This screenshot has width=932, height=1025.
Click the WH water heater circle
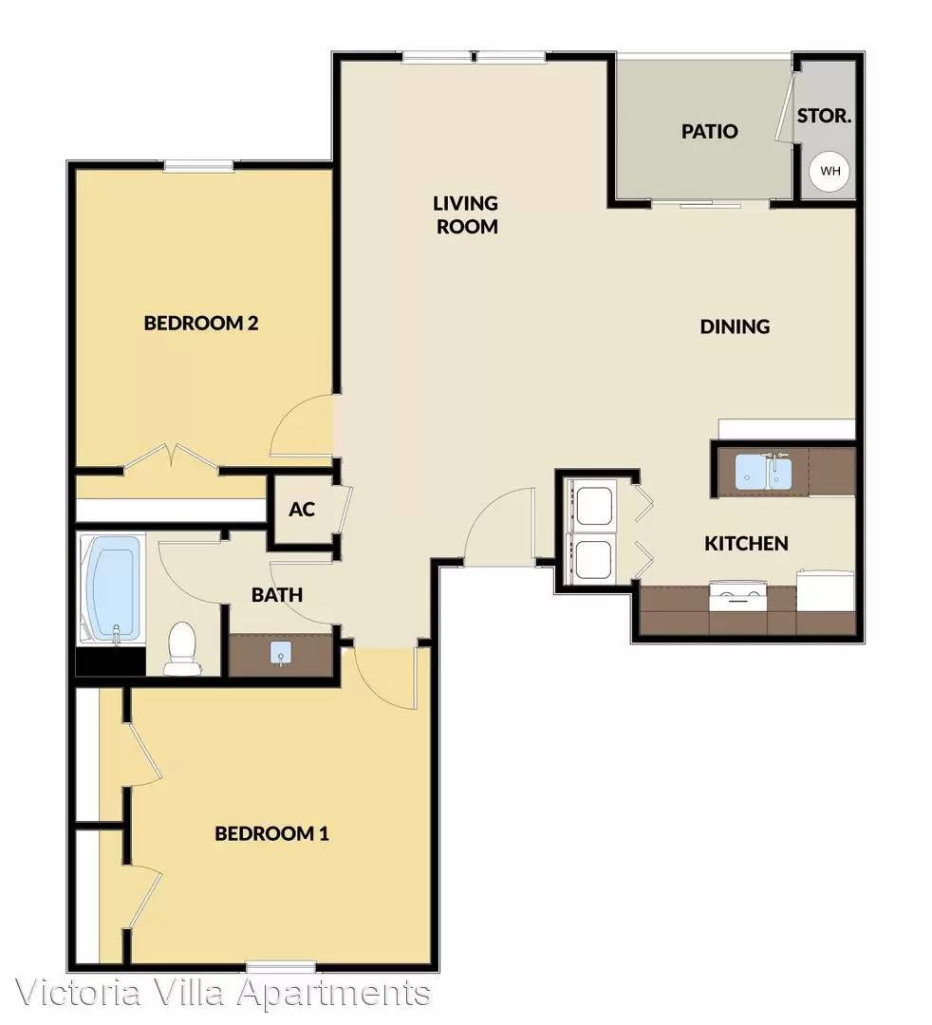click(829, 171)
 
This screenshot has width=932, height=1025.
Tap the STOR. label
click(824, 117)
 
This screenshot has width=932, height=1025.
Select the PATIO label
click(710, 131)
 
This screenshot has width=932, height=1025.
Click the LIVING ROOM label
click(467, 214)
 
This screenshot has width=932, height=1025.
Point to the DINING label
click(735, 326)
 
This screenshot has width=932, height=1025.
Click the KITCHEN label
click(746, 543)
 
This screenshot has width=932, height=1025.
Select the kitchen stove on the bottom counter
click(737, 595)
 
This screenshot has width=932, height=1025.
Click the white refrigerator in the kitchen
click(826, 590)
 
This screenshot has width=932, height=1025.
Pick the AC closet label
click(302, 510)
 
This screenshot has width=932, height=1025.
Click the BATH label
click(277, 595)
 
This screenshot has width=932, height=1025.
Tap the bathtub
click(112, 588)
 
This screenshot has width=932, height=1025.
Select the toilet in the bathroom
click(182, 648)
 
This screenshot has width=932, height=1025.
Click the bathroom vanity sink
click(282, 652)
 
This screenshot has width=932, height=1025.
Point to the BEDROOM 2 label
click(201, 323)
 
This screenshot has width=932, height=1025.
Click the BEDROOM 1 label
click(271, 833)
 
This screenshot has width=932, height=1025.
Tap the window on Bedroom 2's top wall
click(198, 166)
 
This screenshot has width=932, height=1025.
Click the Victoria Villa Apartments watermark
click(222, 994)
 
